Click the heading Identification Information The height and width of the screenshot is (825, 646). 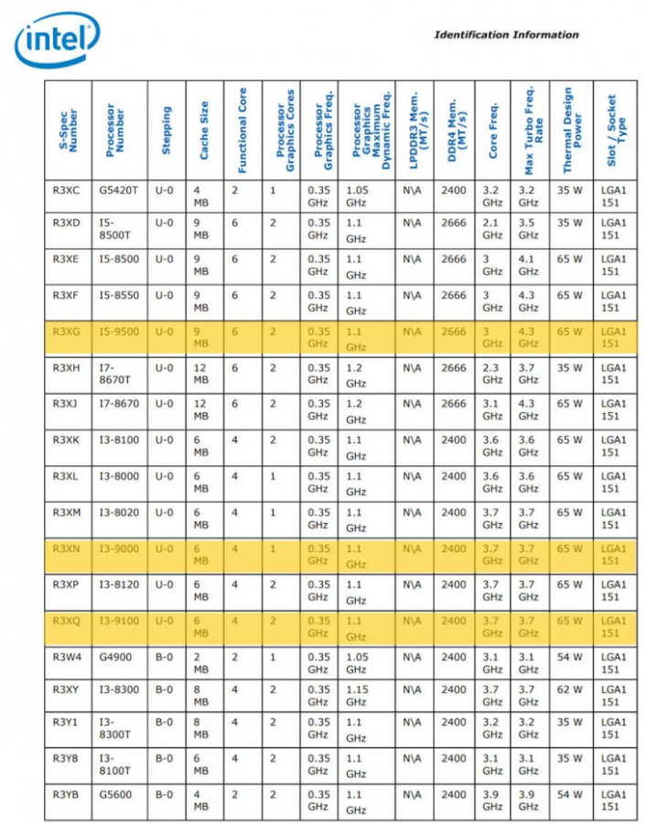506,35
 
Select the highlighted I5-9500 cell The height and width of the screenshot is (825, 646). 119,331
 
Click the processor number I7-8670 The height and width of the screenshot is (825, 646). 119,403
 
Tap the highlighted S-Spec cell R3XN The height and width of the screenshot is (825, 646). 66,548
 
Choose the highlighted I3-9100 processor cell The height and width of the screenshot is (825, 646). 119,620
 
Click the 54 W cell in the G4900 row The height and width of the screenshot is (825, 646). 570,657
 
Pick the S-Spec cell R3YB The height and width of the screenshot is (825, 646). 66,794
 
